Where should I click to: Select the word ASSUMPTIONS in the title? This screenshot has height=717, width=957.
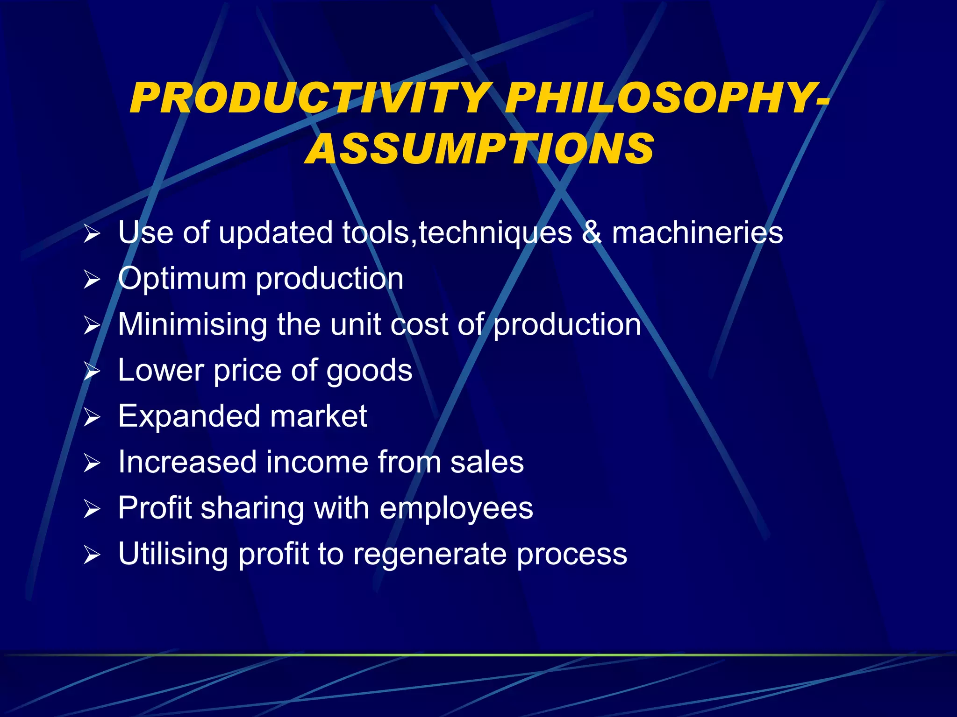click(479, 148)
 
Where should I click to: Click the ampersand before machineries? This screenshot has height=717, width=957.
click(592, 232)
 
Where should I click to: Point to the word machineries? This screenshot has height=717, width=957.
click(697, 232)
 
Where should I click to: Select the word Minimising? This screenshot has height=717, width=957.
click(192, 324)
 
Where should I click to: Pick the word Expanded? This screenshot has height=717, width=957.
click(189, 416)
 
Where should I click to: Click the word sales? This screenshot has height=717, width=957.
click(487, 462)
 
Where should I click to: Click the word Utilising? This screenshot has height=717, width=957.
click(173, 554)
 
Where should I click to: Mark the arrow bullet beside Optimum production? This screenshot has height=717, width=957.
click(92, 279)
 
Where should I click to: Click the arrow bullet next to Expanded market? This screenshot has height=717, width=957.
click(92, 417)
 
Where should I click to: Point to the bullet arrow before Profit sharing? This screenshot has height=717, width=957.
click(92, 509)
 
